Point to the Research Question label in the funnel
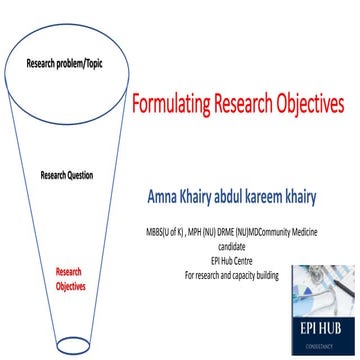click(67, 175)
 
